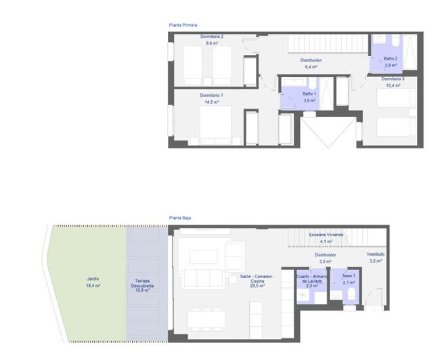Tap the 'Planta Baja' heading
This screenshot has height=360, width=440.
[180, 218]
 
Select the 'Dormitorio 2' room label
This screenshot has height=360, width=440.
[212, 37]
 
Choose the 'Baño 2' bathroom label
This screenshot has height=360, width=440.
[391, 59]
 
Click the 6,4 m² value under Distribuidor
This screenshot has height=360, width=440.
[311, 67]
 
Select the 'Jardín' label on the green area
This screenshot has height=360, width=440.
[93, 279]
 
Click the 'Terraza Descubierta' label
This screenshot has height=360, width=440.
[143, 283]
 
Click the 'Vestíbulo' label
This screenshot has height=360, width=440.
[376, 254]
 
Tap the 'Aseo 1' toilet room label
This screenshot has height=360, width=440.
[349, 276]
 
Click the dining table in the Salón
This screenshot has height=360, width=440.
[207, 319]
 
